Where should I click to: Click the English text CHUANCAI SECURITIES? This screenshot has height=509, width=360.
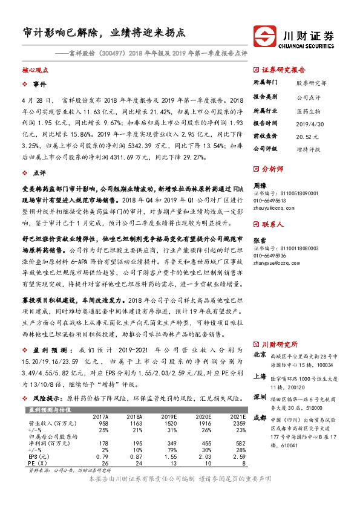[x=309, y=44]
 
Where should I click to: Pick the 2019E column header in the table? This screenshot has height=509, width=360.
[x=168, y=417]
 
